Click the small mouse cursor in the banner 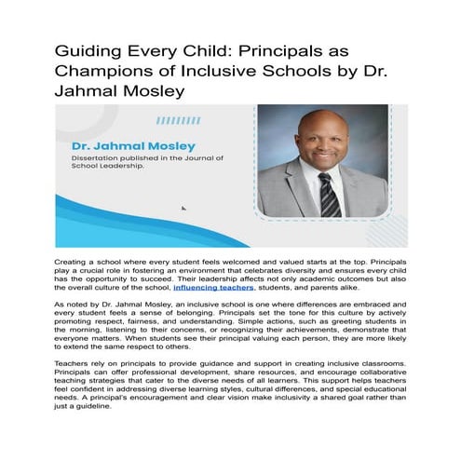(183, 208)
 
